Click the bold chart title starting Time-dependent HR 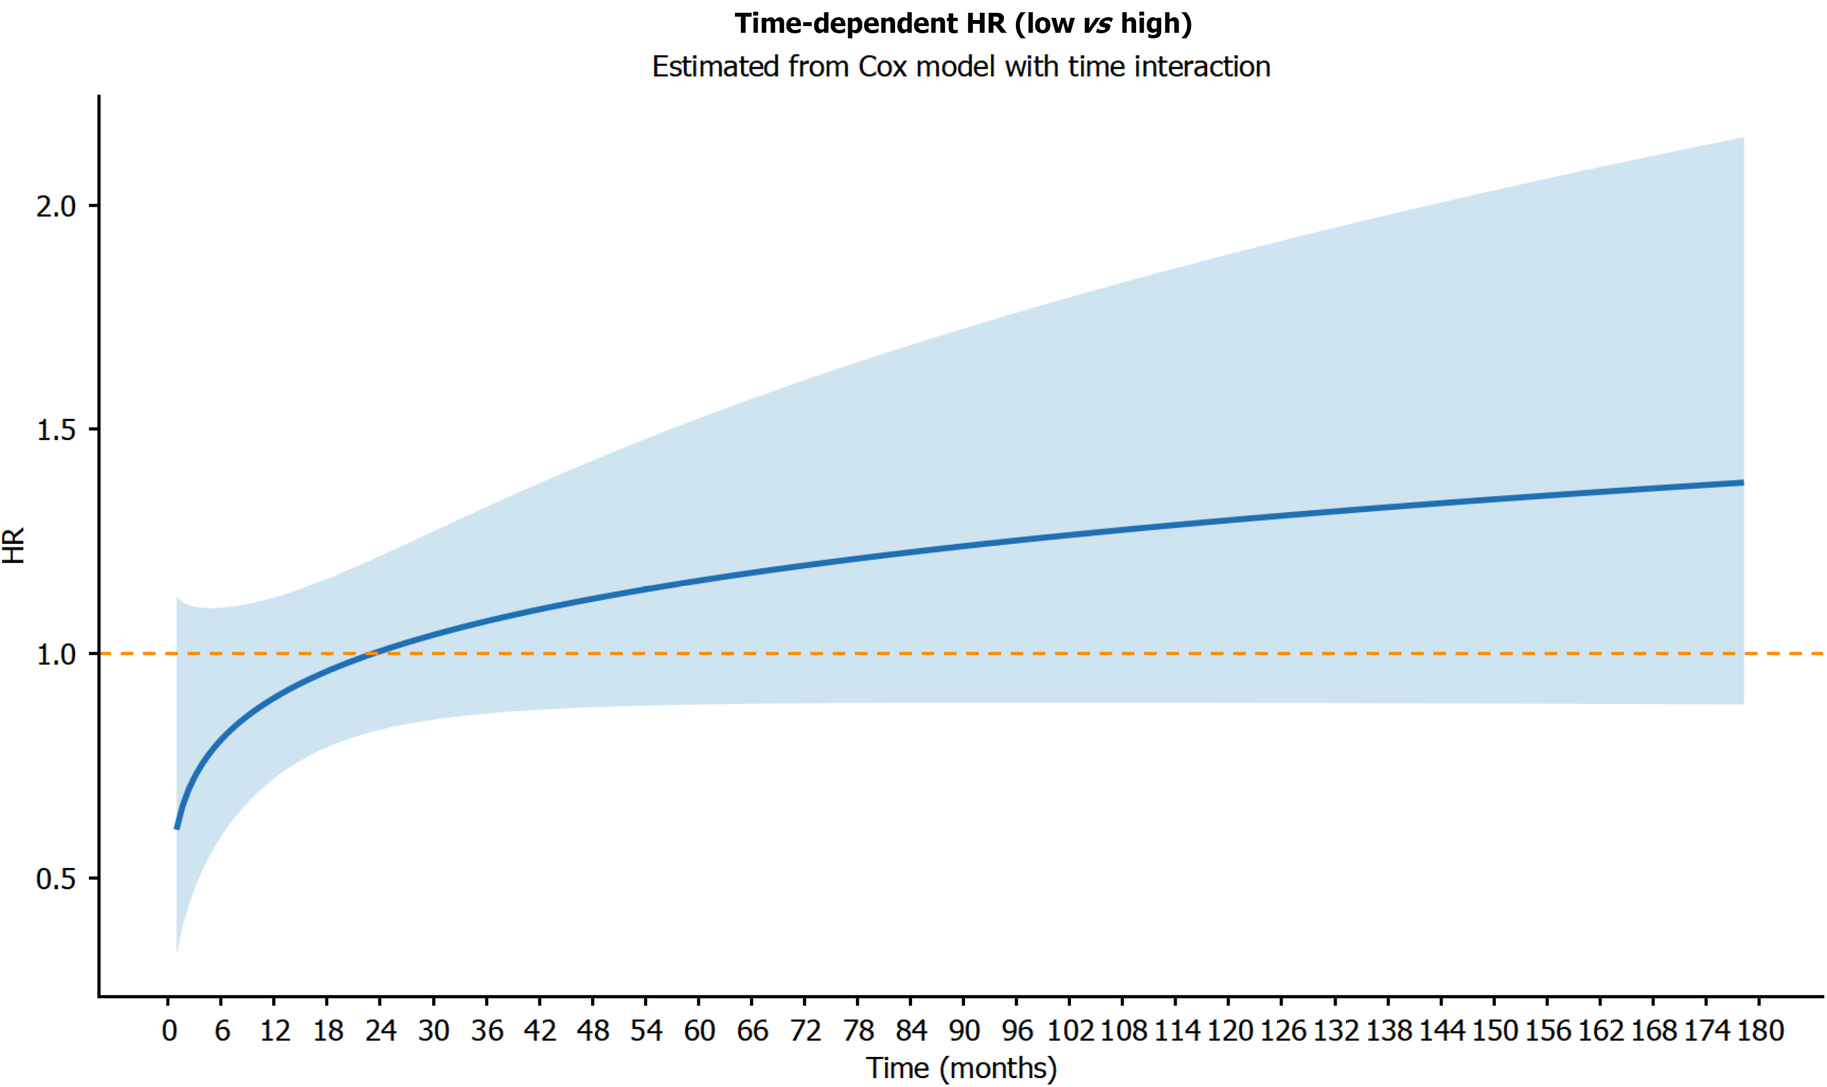[963, 24]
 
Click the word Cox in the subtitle [882, 67]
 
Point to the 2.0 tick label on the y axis [56, 207]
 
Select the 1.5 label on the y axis [56, 430]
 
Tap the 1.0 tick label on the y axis [56, 654]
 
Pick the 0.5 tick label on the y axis [56, 878]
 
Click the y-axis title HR [14, 545]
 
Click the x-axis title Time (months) [961, 1069]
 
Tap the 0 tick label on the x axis [169, 1031]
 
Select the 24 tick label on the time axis [381, 1031]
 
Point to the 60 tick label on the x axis [699, 1031]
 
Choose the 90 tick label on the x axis [964, 1031]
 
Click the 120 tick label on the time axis [1229, 1031]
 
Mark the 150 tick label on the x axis [1494, 1031]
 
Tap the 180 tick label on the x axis [1760, 1031]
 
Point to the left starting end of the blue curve [177, 828]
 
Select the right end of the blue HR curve [1743, 483]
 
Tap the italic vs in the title [1097, 24]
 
